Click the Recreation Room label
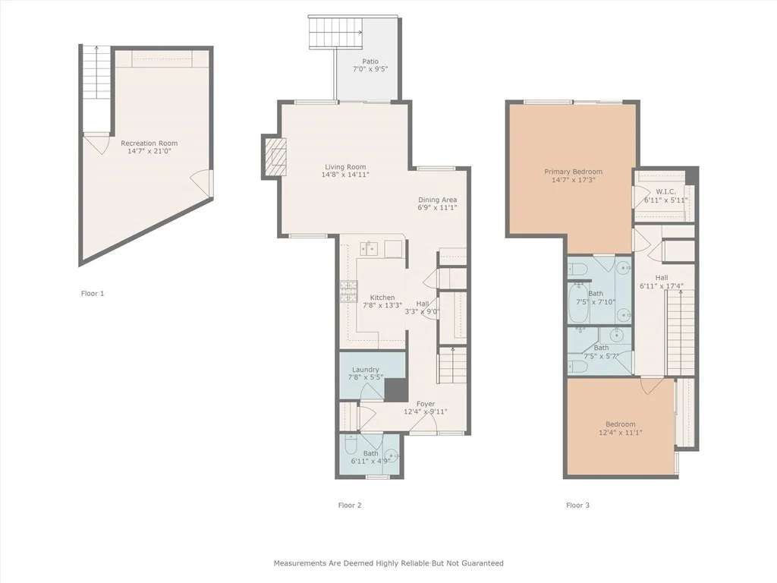pos(149,143)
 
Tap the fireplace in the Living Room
pos(275,156)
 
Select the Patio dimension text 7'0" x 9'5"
pos(370,69)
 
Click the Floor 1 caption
pos(93,294)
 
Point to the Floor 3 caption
pos(577,505)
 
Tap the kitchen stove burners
pos(349,291)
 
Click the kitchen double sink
pos(368,248)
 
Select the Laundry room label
pos(366,370)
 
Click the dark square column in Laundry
pos(396,389)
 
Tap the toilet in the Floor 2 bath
pos(350,445)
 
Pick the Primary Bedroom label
pos(574,172)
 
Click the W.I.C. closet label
pos(665,192)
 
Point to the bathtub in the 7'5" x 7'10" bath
pos(577,301)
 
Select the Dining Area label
pos(437,200)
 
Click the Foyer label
pos(426,404)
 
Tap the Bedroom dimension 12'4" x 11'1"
pos(621,432)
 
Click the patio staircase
pos(336,32)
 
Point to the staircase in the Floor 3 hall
pos(681,332)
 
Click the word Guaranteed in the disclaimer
pos(482,563)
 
